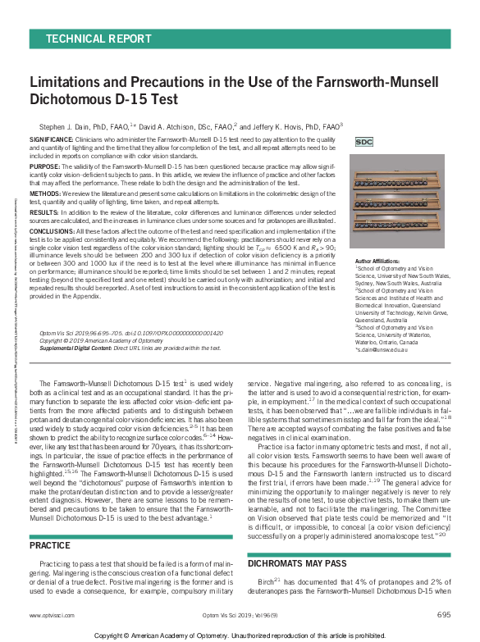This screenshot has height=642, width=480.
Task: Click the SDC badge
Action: coord(363,142)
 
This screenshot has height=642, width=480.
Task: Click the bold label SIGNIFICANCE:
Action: coord(52,140)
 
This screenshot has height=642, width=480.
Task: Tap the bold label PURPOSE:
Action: coord(46,166)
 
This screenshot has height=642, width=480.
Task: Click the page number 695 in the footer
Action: coord(443,614)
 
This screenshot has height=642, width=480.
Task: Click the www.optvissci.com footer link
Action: coord(48,614)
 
